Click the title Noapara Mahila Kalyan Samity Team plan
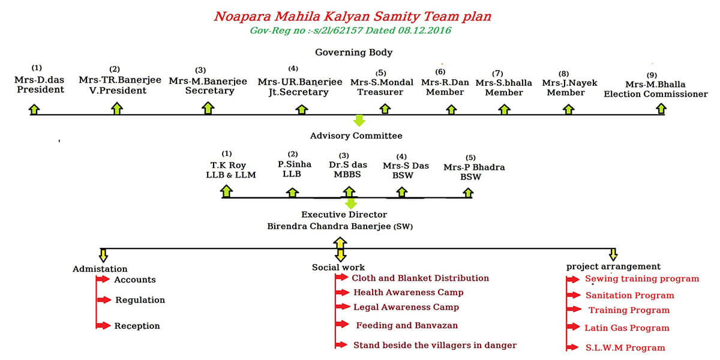tap(353, 17)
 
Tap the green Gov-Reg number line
tap(350, 31)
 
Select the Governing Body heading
tap(353, 52)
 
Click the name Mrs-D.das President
tap(40, 85)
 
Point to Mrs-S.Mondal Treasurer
tap(382, 87)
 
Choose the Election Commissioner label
tap(656, 94)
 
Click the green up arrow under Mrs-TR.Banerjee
tap(117, 109)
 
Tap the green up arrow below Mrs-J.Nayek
tap(568, 109)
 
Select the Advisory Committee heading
tap(356, 136)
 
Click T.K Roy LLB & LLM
tap(230, 170)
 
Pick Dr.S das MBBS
tap(348, 170)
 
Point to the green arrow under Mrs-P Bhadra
tap(468, 193)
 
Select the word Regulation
tap(140, 300)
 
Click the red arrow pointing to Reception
tap(103, 326)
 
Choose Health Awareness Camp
tap(409, 293)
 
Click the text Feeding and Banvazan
tap(407, 325)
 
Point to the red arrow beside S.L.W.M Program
tap(573, 347)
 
